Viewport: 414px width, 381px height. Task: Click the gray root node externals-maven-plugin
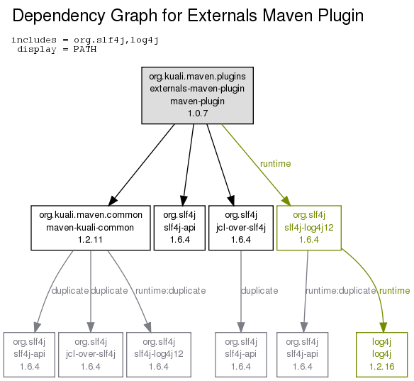tap(198, 95)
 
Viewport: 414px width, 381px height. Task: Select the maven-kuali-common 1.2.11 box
tap(91, 228)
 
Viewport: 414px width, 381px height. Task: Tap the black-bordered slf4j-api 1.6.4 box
tap(179, 228)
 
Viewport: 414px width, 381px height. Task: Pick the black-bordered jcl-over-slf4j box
tap(241, 228)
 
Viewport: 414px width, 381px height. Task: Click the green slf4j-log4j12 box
tap(309, 228)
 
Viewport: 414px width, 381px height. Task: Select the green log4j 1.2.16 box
tap(382, 355)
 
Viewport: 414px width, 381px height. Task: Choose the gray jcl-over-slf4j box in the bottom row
tap(91, 355)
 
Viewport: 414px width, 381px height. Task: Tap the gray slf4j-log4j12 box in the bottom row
tap(159, 355)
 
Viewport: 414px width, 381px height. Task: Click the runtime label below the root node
tap(275, 164)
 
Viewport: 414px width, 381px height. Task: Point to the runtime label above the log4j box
tap(394, 291)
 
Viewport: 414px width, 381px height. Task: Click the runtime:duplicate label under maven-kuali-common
tap(171, 291)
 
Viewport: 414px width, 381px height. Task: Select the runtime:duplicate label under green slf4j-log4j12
tap(340, 291)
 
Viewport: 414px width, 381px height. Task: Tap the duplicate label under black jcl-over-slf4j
tap(259, 291)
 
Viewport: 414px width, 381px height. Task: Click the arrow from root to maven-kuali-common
tap(142, 165)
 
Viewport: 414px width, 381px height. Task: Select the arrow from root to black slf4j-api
tap(189, 165)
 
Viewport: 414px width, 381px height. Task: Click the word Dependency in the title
tap(59, 16)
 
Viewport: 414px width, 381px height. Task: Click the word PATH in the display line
tap(85, 50)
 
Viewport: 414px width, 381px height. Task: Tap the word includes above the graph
tap(34, 40)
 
